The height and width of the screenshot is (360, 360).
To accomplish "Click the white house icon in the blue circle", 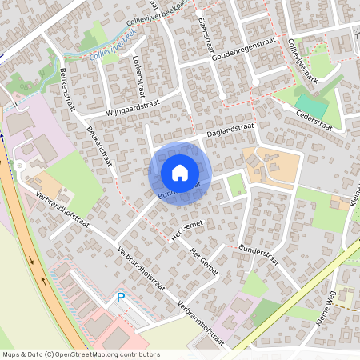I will pyautogui.click(x=180, y=172).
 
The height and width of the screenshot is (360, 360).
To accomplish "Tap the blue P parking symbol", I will pyautogui.click(x=121, y=298).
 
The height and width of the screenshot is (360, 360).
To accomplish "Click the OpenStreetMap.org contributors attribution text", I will pyautogui.click(x=114, y=354).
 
